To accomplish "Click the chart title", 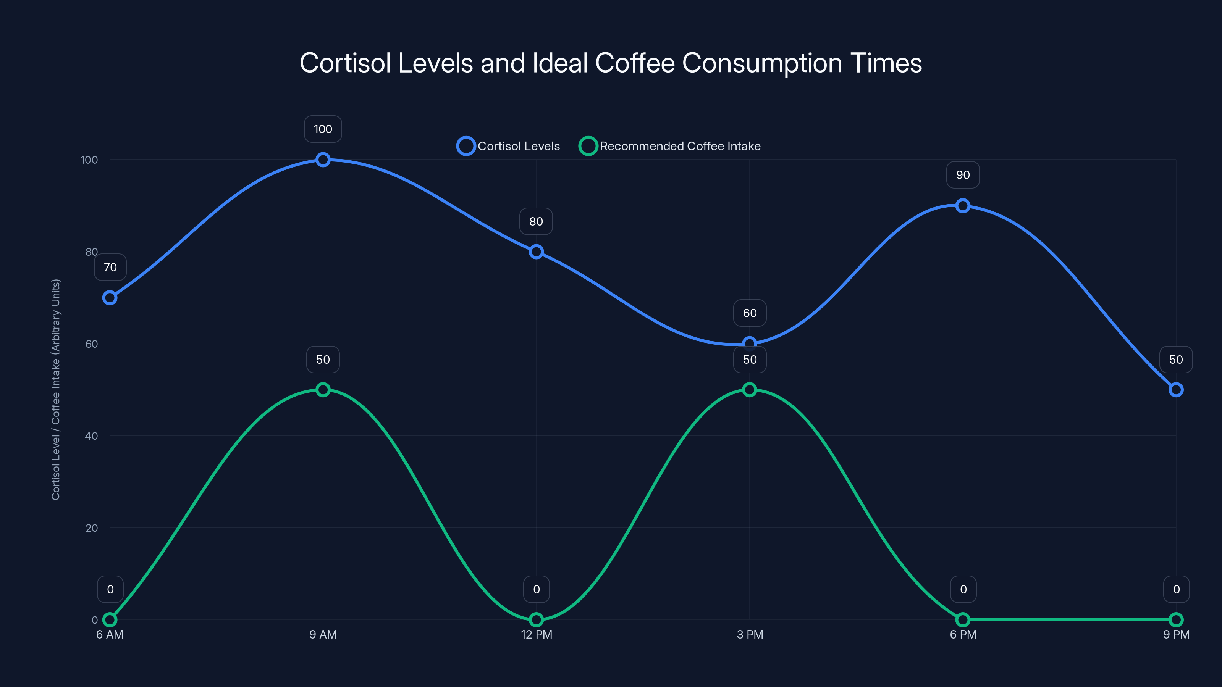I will pos(611,63).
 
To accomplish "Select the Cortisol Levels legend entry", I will pos(509,146).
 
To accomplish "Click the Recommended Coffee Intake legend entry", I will pos(669,146).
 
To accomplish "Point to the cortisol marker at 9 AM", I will pos(323,160).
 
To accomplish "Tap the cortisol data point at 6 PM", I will pos(962,206).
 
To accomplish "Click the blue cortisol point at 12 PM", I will pos(536,252).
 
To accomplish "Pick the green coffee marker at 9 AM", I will pos(323,390).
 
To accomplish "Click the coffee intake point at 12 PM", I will pos(536,620).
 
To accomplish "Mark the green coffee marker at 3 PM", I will pos(750,390).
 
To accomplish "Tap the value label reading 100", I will pos(323,129).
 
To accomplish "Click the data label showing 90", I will pos(962,175).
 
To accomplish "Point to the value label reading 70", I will pos(110,268).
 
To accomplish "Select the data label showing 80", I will pos(536,221).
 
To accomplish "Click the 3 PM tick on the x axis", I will pos(750,634).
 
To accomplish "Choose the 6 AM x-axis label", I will pos(110,634).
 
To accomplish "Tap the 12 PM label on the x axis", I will pos(536,634).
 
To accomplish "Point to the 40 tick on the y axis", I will pos(91,436).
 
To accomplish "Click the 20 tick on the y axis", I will pos(91,528).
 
